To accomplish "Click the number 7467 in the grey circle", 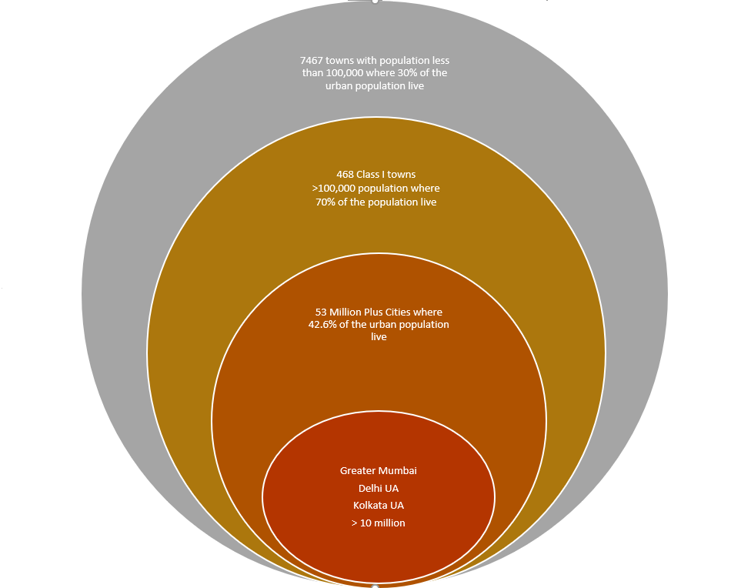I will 311,60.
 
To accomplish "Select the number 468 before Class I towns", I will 345,174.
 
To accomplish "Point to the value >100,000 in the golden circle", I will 335,188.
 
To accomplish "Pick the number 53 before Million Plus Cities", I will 321,312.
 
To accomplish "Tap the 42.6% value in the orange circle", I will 323,325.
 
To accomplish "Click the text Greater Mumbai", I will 379,470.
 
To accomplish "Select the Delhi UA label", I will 379,488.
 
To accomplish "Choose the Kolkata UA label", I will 379,506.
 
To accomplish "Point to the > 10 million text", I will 379,523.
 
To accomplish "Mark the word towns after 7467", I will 342,60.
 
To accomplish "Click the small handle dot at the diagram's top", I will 375,1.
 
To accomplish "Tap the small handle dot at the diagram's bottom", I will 375,586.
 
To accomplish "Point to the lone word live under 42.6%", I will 379,337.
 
